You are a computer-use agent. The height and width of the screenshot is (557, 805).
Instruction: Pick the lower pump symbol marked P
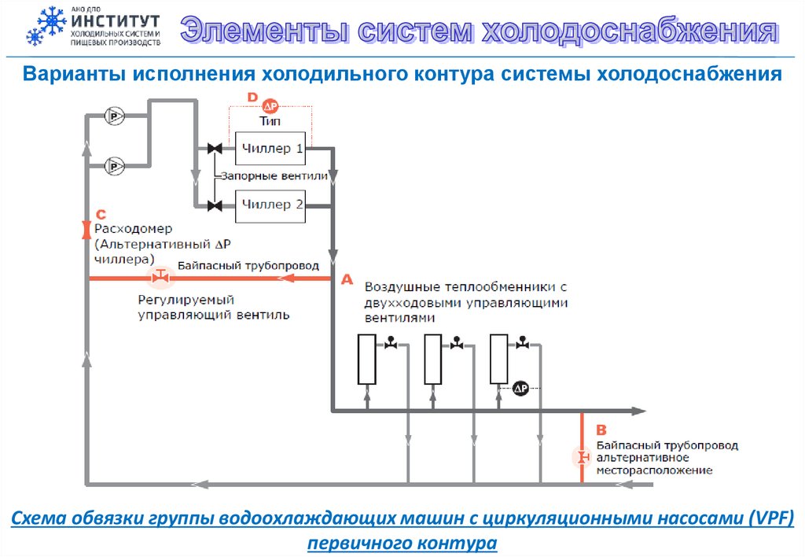coord(116,166)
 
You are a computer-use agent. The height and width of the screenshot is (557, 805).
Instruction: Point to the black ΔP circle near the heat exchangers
coord(520,388)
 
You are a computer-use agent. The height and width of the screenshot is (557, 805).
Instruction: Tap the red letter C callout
coord(100,215)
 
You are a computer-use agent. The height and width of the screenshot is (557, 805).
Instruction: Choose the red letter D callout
coord(252,97)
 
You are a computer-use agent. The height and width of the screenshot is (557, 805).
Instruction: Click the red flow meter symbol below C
coord(86,230)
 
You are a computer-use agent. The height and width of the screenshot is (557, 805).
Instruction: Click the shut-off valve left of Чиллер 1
coord(213,149)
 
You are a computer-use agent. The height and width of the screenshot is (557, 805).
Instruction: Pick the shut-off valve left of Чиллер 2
coord(213,206)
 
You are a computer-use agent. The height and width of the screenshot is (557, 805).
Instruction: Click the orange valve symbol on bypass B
coord(583,457)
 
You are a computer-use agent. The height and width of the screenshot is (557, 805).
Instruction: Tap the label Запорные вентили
coord(273,177)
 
